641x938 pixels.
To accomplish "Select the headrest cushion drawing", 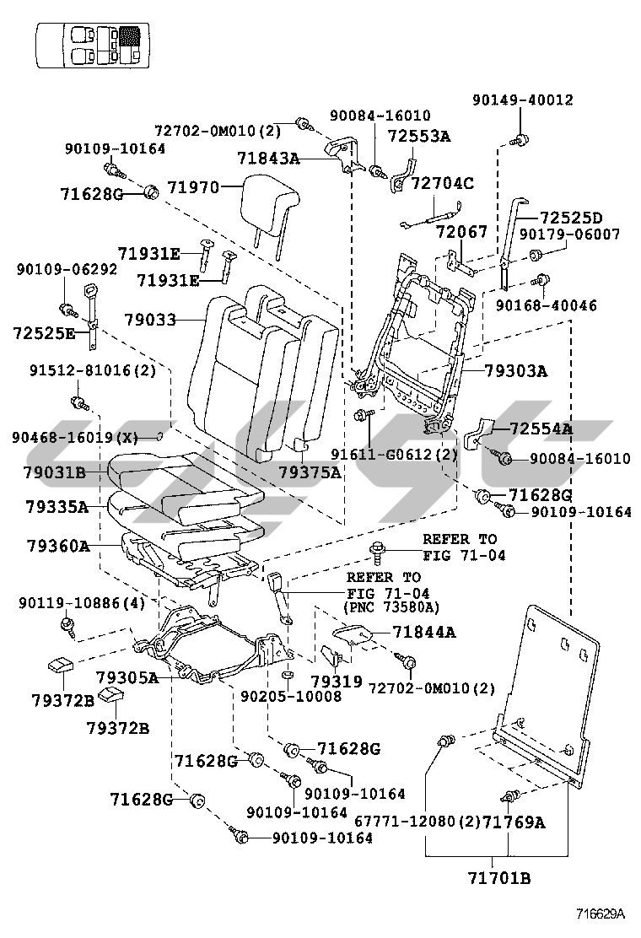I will pos(269,206).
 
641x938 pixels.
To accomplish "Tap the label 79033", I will pos(150,321).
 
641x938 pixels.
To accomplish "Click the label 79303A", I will pos(516,370).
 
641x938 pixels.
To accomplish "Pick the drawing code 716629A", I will pos(600,914).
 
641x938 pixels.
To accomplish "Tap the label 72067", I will pos(461,231).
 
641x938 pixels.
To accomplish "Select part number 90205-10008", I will pos(291,697).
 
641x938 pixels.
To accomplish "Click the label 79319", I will pos(337,681).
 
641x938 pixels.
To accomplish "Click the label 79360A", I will pos(57,546).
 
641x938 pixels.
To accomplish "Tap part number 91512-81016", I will pos(93,370).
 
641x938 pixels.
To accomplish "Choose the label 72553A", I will pos(419,136).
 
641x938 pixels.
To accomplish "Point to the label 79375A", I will pos(310,472).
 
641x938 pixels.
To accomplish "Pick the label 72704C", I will pos(443,182).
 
